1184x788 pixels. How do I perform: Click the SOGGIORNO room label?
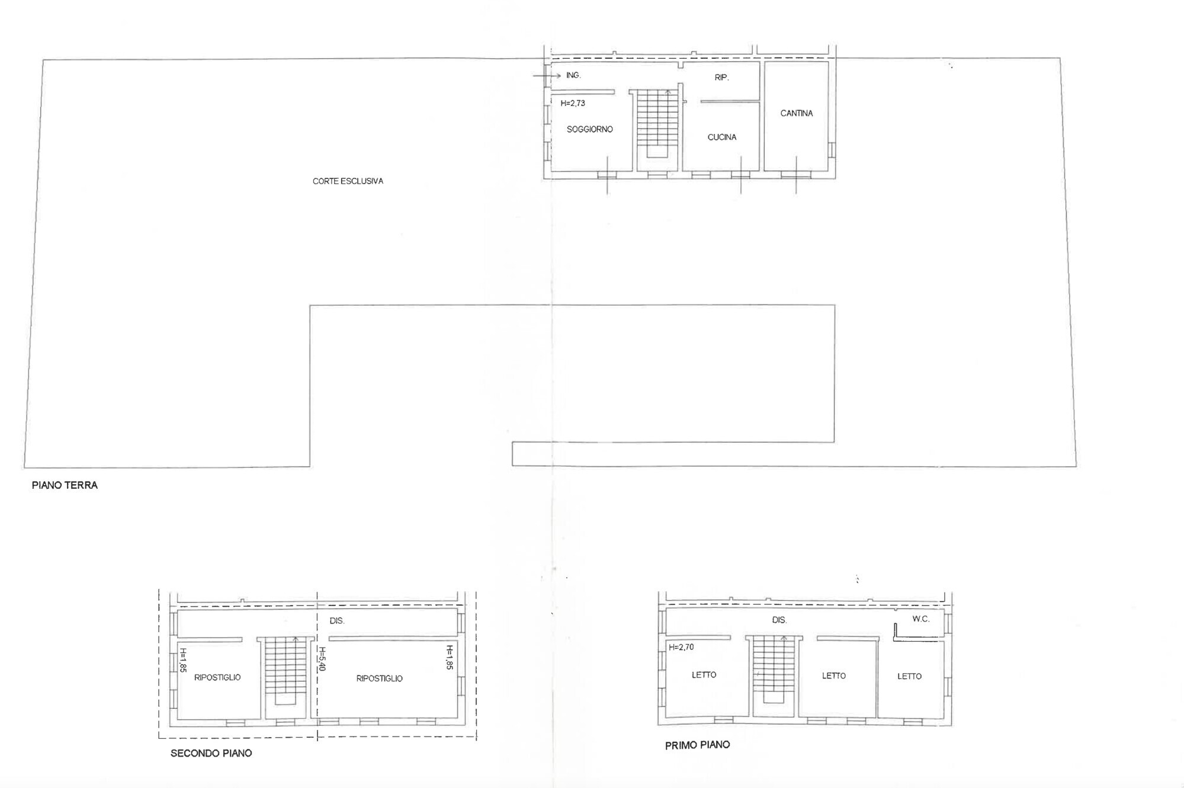tap(589, 129)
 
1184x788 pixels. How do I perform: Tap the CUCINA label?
tap(721, 137)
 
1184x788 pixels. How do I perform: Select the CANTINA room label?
tap(796, 113)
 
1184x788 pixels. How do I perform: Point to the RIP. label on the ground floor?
tap(721, 77)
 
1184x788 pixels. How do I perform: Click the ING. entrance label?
tap(573, 75)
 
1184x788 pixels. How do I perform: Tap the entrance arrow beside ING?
tap(547, 76)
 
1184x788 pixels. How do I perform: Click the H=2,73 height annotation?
tap(572, 103)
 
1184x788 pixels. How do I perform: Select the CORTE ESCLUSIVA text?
tap(348, 181)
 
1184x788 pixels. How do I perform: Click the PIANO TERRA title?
tap(65, 485)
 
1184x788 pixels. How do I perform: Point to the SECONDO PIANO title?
tap(211, 753)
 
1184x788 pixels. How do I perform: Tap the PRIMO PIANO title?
tap(697, 745)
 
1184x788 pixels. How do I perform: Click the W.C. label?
tap(920, 619)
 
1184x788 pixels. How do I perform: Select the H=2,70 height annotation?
tap(681, 647)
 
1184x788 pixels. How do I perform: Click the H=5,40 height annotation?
tap(322, 658)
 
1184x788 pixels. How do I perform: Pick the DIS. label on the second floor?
tap(336, 620)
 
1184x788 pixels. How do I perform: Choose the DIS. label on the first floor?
tap(779, 620)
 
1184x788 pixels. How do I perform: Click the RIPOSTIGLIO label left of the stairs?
tap(217, 677)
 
